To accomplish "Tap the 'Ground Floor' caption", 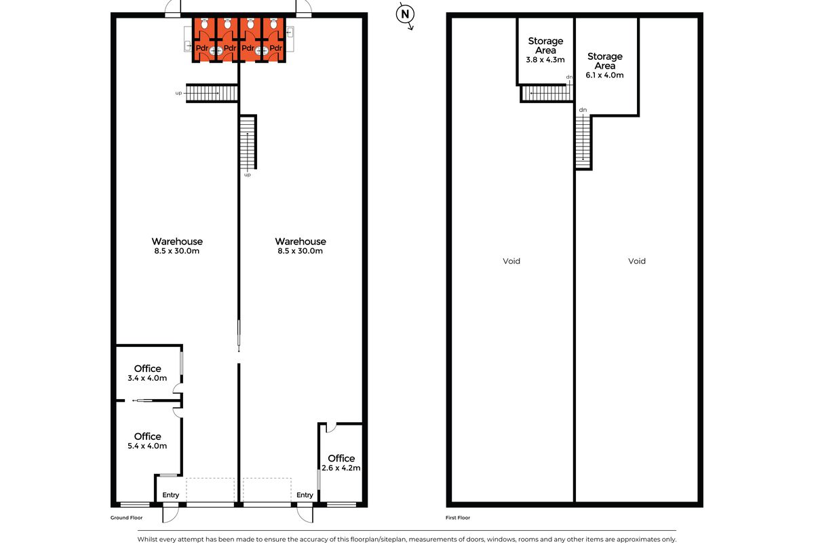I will point(127,517).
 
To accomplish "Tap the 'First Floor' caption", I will point(458,517).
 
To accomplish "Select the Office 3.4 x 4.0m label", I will point(147,373).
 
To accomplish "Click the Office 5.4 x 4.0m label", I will point(147,441).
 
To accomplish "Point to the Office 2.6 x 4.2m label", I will point(341,463).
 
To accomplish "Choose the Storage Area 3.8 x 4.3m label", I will point(545,50).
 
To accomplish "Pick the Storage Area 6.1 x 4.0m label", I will point(604,65).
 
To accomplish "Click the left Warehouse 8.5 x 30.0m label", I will point(177,246).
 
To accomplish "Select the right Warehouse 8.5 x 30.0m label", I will point(301,246).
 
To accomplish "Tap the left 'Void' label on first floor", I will point(511,261).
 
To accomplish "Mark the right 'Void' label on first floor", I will point(636,261).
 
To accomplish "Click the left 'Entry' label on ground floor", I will point(171,495).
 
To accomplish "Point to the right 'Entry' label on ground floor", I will point(305,495).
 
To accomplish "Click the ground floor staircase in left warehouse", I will point(212,93).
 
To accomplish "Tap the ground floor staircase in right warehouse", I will point(248,143).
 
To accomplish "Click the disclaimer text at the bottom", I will point(406,539).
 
